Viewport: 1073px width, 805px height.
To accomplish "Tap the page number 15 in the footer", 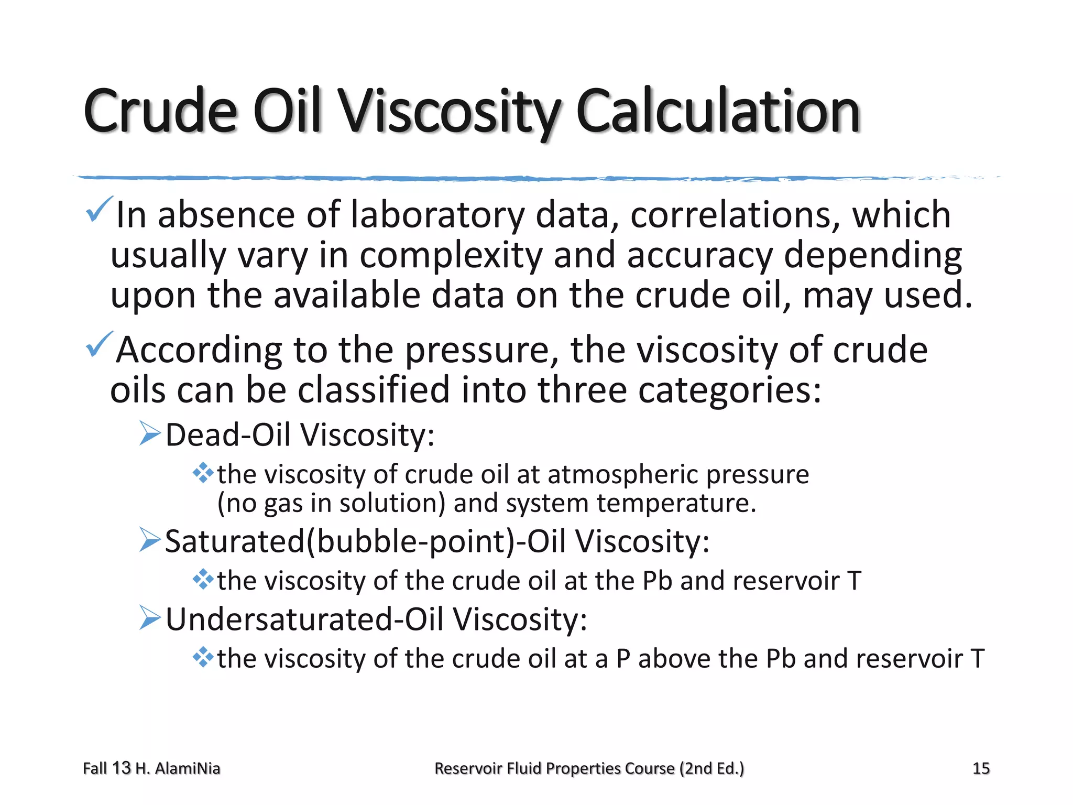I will [x=980, y=768].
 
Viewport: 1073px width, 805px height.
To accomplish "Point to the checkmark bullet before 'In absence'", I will [x=98, y=210].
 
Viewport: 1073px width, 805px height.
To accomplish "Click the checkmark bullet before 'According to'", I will [x=98, y=345].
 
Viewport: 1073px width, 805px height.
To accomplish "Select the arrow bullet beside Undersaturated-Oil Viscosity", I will [x=150, y=618].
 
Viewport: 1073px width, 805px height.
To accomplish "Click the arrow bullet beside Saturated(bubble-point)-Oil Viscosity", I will [x=150, y=540].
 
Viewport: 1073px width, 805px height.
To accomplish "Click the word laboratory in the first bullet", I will [x=437, y=215].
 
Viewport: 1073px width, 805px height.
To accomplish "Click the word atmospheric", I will [x=622, y=474].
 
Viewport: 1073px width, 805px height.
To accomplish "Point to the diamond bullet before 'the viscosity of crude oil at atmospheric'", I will [x=203, y=473].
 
